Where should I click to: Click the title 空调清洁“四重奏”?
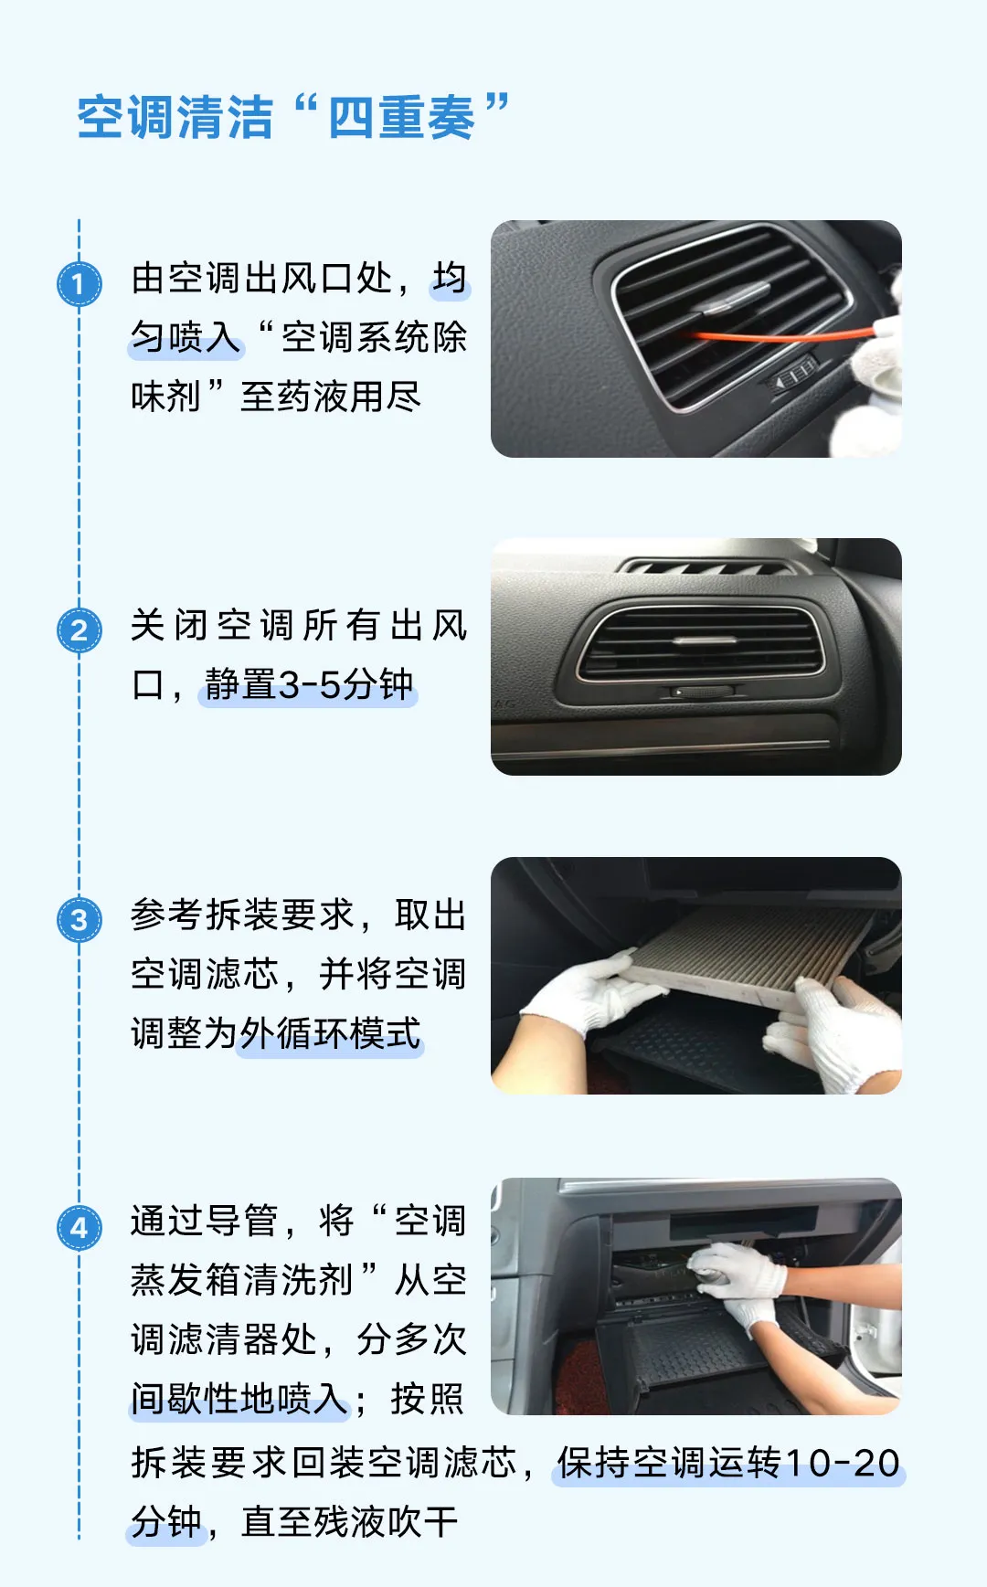(x=292, y=117)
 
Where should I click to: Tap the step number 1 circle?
(x=80, y=284)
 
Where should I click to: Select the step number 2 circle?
(x=80, y=630)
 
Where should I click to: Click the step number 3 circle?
(x=80, y=919)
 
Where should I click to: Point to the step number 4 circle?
(x=80, y=1227)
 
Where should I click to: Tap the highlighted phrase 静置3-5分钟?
(x=309, y=684)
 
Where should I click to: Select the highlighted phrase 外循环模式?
(x=330, y=1033)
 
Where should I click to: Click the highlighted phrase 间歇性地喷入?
(x=239, y=1399)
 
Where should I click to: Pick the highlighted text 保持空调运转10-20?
(x=728, y=1463)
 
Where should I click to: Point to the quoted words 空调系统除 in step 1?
(x=374, y=337)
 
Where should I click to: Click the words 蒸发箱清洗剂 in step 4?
(x=241, y=1280)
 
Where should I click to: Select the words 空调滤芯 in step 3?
(x=205, y=974)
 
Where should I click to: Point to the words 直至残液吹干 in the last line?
(x=349, y=1522)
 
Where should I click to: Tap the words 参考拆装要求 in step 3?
(x=241, y=915)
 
